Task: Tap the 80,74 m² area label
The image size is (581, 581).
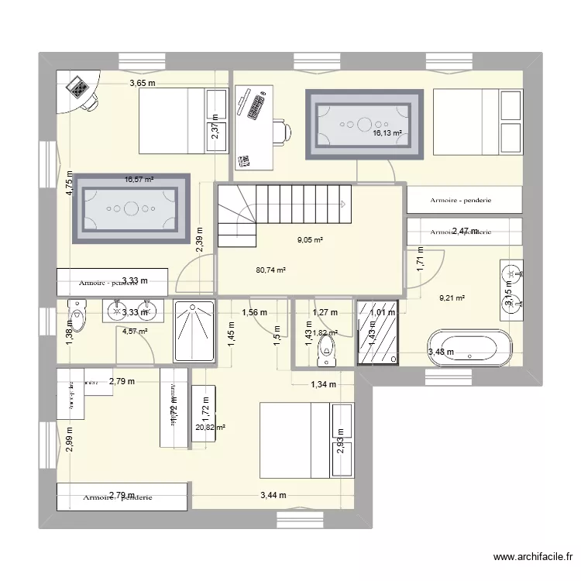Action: tap(271, 270)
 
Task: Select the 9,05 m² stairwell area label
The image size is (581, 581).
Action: tap(310, 240)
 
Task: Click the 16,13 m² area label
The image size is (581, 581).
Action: tap(387, 133)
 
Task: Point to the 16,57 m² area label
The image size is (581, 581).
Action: tap(139, 180)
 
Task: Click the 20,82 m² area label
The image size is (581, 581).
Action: tap(211, 427)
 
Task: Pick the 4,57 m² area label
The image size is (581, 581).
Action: tap(135, 332)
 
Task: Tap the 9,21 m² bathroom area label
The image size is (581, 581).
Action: tap(452, 297)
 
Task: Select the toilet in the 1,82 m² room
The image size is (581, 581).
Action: tap(328, 347)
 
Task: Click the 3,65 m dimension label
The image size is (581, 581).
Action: tap(143, 84)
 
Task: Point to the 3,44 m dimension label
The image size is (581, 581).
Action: tap(273, 496)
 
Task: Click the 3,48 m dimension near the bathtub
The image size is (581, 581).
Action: tap(442, 353)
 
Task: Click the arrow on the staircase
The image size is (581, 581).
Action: tap(341, 205)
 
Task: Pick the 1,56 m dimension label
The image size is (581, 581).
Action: tap(254, 313)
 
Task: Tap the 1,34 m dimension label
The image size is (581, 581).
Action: tap(323, 384)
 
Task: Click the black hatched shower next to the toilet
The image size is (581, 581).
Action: tap(378, 332)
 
